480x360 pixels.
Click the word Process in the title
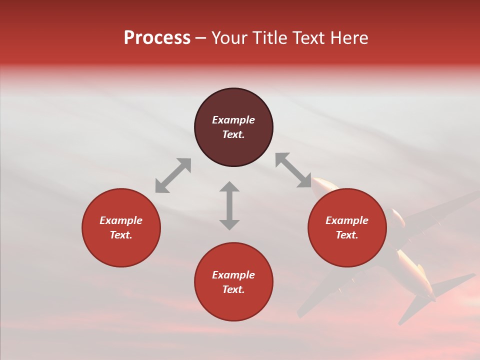click(x=157, y=38)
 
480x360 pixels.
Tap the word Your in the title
click(x=229, y=38)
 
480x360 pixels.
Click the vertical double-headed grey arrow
click(x=229, y=205)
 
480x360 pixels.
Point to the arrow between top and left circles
click(x=173, y=175)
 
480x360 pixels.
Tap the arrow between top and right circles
click(x=293, y=170)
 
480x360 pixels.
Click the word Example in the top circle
click(x=233, y=120)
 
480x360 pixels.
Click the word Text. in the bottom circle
click(x=233, y=289)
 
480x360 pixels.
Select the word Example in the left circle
click(x=121, y=220)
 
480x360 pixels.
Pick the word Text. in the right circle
click(x=347, y=235)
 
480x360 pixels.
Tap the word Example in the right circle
click(x=347, y=220)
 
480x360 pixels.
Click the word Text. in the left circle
click(x=121, y=235)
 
